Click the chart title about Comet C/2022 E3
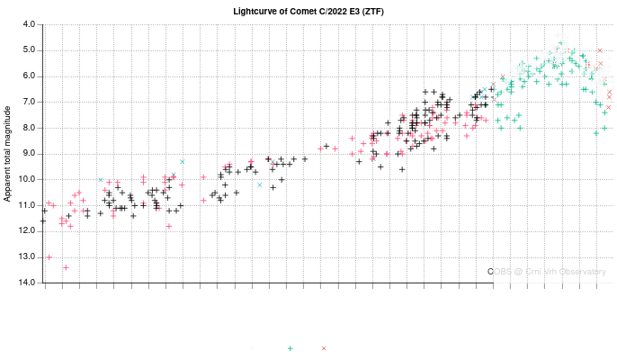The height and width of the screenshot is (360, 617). click(308, 11)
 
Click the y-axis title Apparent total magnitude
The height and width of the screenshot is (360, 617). click(8, 153)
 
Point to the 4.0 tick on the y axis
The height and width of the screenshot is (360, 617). click(30, 24)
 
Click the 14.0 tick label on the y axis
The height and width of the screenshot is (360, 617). click(28, 283)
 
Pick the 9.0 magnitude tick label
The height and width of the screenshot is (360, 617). click(30, 154)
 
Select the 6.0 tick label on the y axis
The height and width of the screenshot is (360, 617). click(30, 76)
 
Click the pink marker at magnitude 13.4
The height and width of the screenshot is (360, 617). click(66, 267)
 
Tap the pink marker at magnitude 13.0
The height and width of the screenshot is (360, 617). click(49, 257)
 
